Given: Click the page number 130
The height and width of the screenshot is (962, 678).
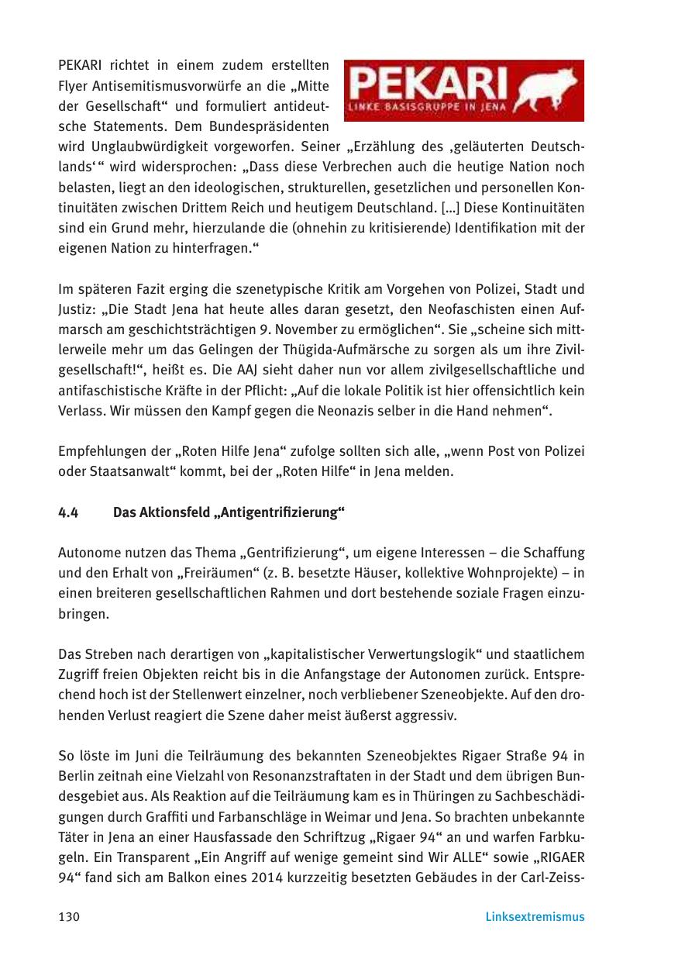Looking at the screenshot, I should pyautogui.click(x=69, y=917).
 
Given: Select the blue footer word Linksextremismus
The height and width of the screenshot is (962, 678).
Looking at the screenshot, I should pyautogui.click(x=535, y=917).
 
